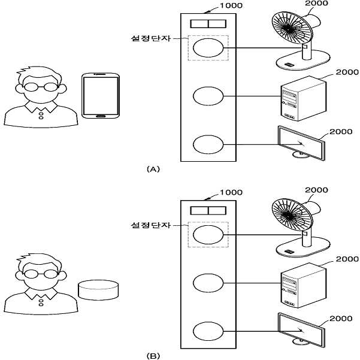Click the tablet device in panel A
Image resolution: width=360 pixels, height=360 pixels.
pos(101,96)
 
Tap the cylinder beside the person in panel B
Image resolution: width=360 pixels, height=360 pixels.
pos(98,290)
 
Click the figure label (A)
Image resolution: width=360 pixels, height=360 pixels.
pos(153,169)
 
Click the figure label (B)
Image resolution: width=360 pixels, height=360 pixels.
pos(153,356)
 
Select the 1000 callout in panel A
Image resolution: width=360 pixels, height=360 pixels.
pos(231,5)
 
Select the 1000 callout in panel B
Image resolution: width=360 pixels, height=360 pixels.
pos(231,192)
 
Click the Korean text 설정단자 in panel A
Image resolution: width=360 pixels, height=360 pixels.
pos(151,38)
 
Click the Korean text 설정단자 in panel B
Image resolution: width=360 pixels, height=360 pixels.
pos(151,225)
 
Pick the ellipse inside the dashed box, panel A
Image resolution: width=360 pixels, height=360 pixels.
pos(208,48)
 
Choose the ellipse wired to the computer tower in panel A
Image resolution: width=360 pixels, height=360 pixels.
pos(208,96)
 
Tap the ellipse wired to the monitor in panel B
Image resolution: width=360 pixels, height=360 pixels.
pos(208,331)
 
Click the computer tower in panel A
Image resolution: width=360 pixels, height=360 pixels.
pos(304,98)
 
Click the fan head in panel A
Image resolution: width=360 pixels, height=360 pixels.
pos(292,27)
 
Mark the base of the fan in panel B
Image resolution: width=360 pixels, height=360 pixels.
pos(303,249)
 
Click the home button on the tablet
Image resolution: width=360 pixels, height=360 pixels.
pos(101,116)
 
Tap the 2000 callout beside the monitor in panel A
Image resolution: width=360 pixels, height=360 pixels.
pos(341,132)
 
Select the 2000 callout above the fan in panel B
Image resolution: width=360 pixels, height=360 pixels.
pos(316,190)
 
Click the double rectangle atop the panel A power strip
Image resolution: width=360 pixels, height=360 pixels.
pos(208,24)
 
